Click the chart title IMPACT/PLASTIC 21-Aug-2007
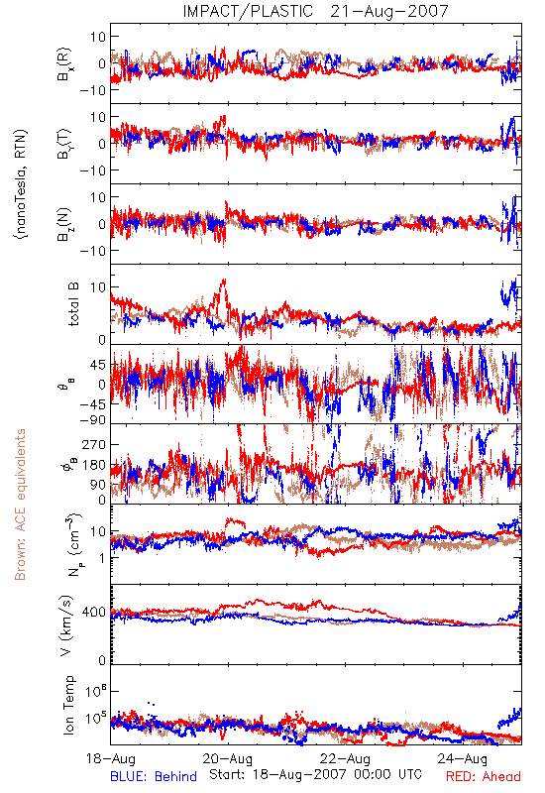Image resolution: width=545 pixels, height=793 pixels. point(315,11)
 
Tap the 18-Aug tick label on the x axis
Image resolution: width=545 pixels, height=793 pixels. point(111,758)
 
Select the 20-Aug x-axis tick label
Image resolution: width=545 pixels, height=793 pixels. point(228,758)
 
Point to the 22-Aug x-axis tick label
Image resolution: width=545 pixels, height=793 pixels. point(345,758)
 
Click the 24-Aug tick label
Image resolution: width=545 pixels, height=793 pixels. point(463,758)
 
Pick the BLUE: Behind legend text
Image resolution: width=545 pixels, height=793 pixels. point(154,776)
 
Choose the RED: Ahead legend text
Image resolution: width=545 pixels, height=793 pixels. point(484,776)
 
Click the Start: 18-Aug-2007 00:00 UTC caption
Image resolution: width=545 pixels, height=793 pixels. point(315,774)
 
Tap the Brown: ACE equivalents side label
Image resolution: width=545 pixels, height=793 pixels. point(20,505)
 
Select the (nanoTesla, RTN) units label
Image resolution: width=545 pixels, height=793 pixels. point(21,184)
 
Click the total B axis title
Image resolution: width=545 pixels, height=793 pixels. point(73,304)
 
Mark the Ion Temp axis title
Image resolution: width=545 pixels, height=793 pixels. point(68,705)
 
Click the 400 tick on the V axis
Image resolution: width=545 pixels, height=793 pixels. point(94,613)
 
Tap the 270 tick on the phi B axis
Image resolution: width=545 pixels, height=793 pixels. point(94,444)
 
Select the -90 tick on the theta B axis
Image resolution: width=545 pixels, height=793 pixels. point(92,419)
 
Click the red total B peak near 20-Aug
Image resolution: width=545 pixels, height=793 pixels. point(223,280)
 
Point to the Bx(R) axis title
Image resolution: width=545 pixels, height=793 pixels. point(64,64)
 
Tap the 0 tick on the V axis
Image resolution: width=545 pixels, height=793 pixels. point(102,660)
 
